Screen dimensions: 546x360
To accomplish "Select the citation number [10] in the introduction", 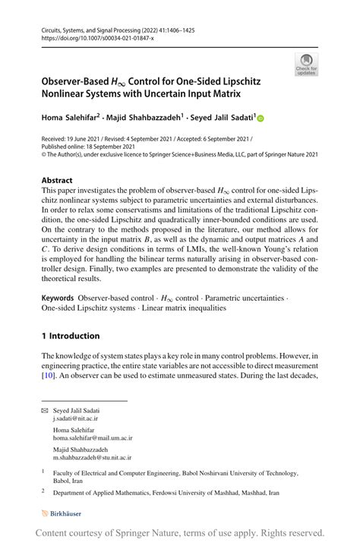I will (x=48, y=376).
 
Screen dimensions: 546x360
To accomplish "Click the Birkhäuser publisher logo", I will (x=64, y=512).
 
